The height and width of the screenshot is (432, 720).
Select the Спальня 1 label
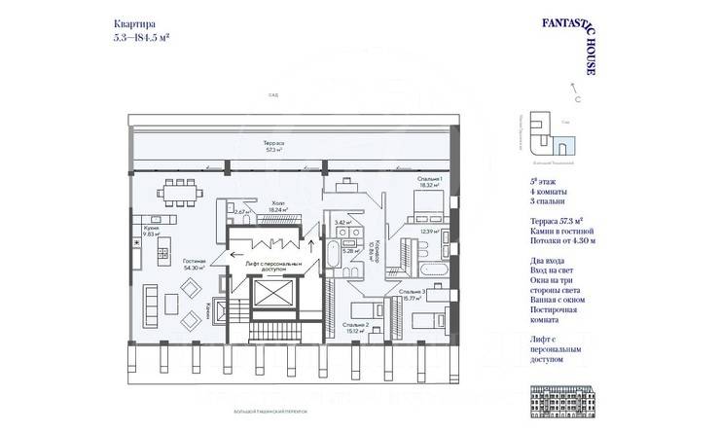point(430,179)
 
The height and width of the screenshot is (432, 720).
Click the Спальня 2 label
point(357,326)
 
